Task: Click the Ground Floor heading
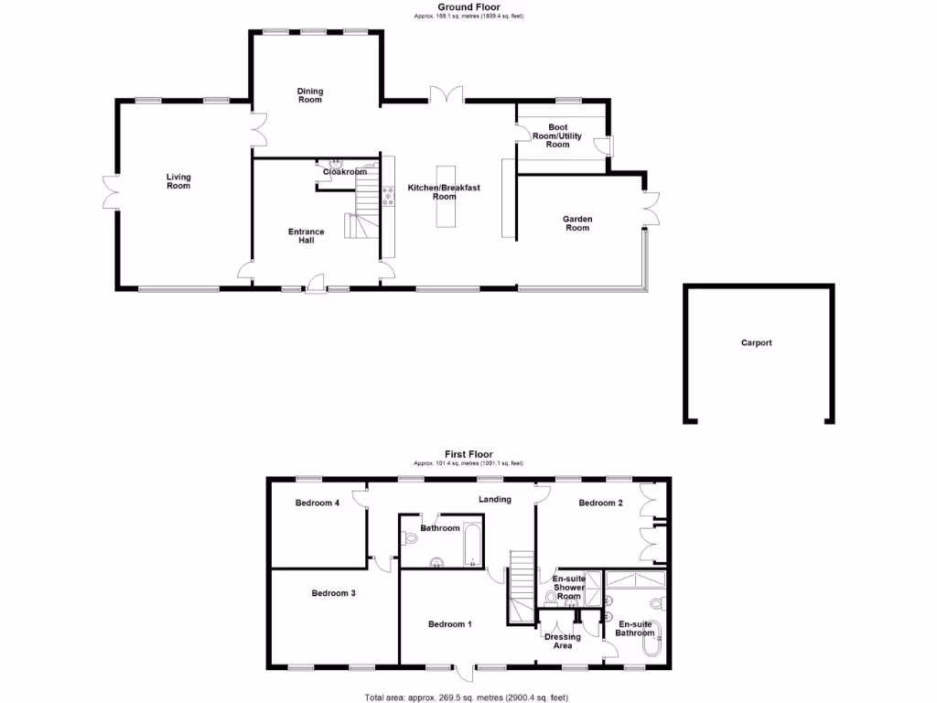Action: coord(468,6)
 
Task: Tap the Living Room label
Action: coord(178,181)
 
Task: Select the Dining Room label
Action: coord(310,95)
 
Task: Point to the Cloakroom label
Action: coord(345,172)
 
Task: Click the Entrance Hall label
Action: coord(307,236)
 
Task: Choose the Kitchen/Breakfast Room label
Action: coord(444,192)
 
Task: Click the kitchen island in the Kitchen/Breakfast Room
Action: coord(446,196)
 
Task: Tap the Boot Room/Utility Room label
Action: coord(558,135)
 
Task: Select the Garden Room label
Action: coord(577,223)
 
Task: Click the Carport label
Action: coord(757,343)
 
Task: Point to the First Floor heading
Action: coord(468,454)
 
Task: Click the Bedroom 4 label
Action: coord(318,503)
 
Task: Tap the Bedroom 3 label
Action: coord(333,593)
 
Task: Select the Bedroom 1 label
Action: coord(450,624)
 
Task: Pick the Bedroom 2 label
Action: coord(601,503)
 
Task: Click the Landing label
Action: coord(495,499)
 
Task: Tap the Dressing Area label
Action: coord(563,642)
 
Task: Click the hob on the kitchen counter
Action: coord(389,196)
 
